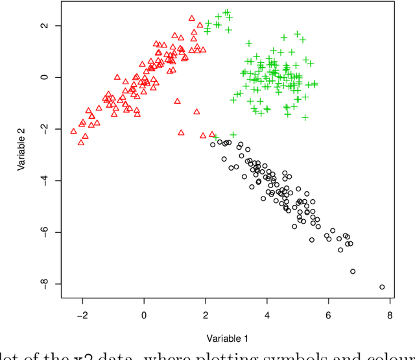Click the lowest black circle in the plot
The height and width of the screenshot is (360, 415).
click(x=382, y=287)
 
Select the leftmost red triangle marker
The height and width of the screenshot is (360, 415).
click(x=73, y=131)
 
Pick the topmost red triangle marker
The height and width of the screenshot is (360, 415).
click(x=192, y=19)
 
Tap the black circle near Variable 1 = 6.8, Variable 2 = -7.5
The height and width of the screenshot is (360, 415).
click(x=353, y=271)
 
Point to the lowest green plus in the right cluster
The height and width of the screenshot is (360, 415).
click(x=305, y=117)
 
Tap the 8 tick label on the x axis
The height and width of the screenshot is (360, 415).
click(x=390, y=315)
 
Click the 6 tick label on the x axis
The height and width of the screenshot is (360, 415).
click(x=328, y=315)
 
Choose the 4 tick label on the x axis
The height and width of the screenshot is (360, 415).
click(x=267, y=315)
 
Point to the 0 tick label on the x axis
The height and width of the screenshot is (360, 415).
click(x=144, y=315)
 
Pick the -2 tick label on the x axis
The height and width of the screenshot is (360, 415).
click(x=81, y=315)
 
